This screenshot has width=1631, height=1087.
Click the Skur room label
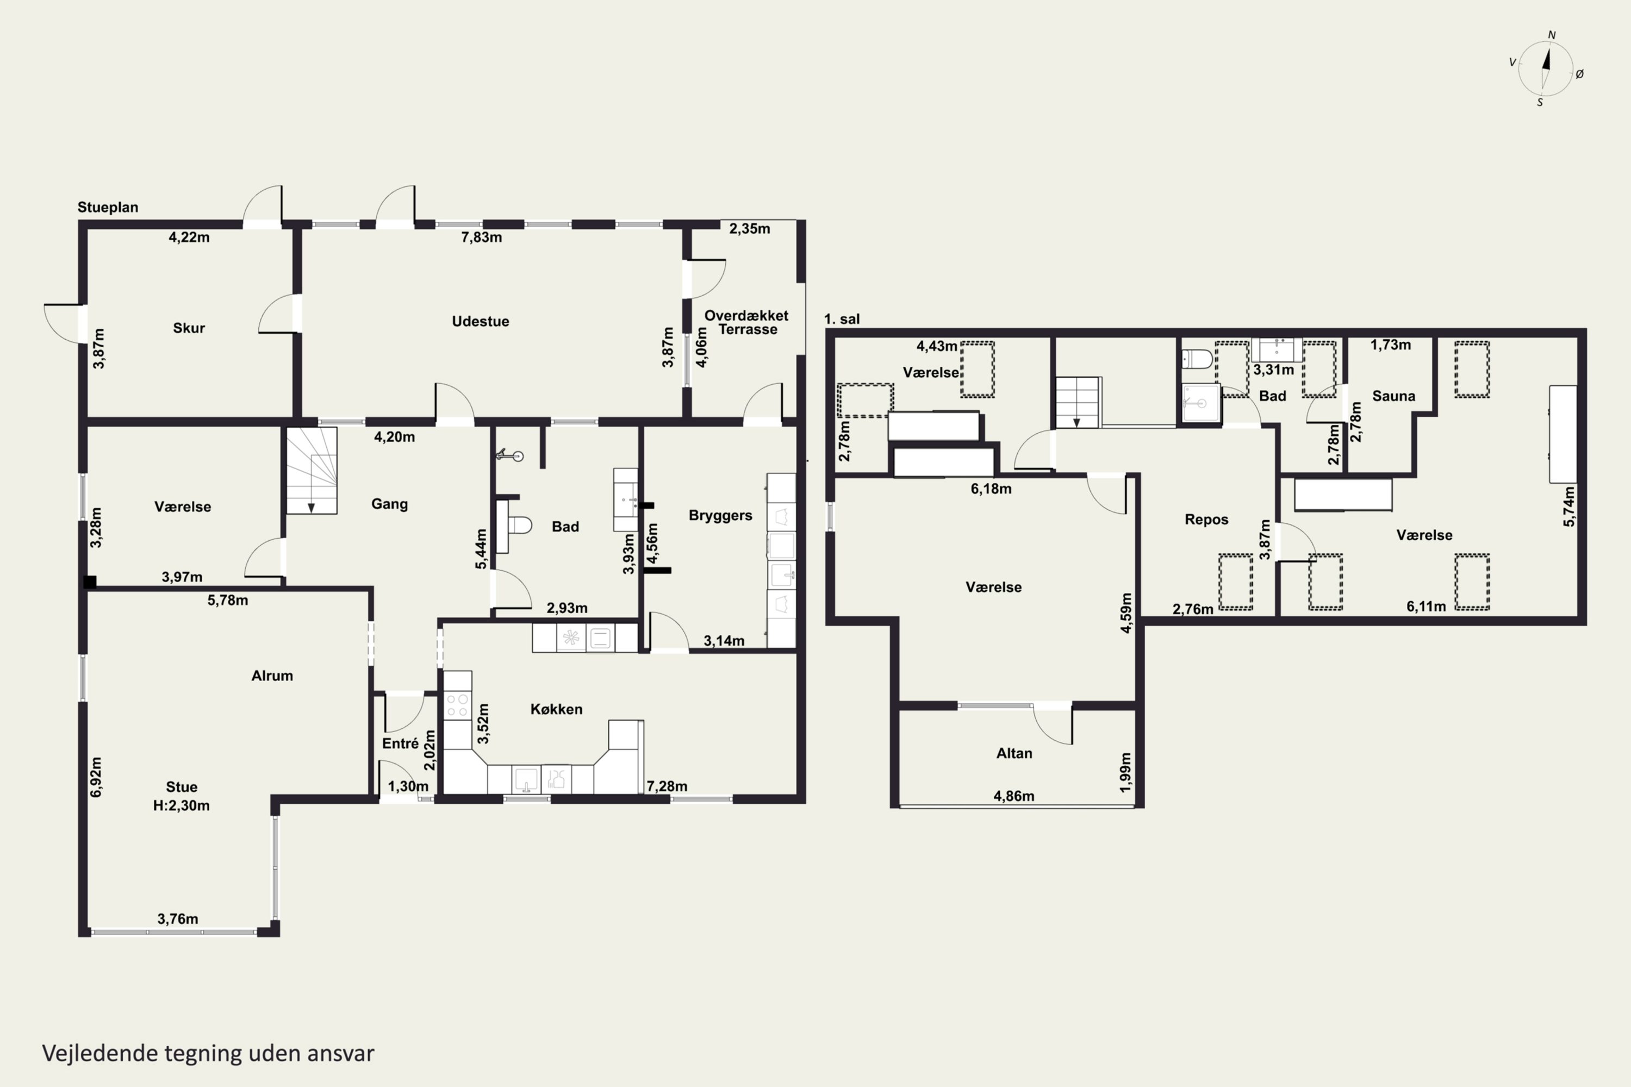pos(189,328)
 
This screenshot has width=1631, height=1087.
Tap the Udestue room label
pos(481,321)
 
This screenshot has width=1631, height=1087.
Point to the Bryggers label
pos(720,515)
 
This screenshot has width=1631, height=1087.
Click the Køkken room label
pos(556,709)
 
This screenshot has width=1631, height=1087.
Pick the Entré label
pos(400,743)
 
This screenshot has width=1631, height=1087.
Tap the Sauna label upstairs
pos(1394,396)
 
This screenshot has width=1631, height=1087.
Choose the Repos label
pos(1206,519)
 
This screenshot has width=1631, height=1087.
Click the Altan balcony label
pos(1014,753)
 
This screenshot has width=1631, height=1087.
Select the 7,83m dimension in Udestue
pos(481,237)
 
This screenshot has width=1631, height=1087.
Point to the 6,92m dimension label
pos(96,777)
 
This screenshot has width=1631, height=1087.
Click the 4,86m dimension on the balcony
pos(1014,796)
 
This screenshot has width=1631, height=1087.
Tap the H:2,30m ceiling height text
pos(181,805)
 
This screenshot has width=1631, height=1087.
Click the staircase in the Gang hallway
pos(312,470)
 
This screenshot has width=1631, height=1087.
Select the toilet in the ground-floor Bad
pos(514,526)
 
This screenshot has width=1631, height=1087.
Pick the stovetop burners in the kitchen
pos(457,705)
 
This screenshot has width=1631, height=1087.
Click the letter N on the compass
pos(1552,35)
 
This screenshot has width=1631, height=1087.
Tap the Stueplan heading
pos(108,207)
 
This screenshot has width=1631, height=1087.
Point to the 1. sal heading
pos(842,320)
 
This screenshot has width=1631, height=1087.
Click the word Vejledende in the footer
pos(100,1053)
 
